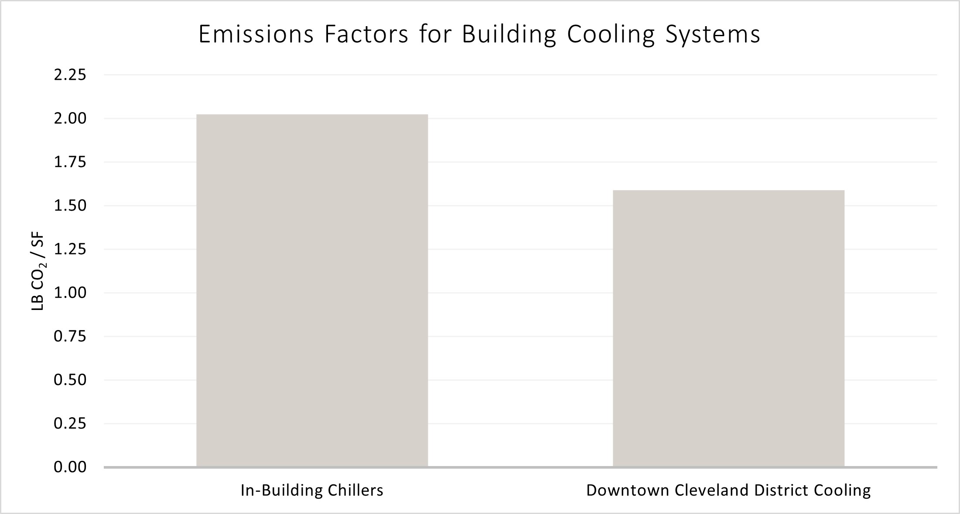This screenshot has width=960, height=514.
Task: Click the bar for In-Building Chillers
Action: coord(312,290)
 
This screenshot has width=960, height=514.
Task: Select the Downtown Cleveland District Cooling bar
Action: coord(728,328)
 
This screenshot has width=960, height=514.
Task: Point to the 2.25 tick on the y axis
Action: coord(70,75)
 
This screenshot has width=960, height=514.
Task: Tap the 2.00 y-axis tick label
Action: coord(70,119)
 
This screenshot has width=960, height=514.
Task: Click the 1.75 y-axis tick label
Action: coord(70,162)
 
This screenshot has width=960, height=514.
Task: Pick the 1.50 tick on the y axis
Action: coord(70,206)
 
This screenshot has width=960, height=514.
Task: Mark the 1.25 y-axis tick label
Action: coord(70,249)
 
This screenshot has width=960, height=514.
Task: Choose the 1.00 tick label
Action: coord(70,293)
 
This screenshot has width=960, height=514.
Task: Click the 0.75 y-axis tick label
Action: coord(70,336)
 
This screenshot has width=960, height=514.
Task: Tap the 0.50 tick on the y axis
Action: coord(70,380)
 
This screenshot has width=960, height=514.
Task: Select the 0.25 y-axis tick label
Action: coord(70,423)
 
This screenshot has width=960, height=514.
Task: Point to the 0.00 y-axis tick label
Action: coord(70,467)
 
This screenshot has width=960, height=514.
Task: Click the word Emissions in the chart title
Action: coord(256,35)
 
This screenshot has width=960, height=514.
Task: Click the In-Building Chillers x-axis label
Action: coord(312,490)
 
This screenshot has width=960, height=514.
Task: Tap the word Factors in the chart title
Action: coord(366,35)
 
